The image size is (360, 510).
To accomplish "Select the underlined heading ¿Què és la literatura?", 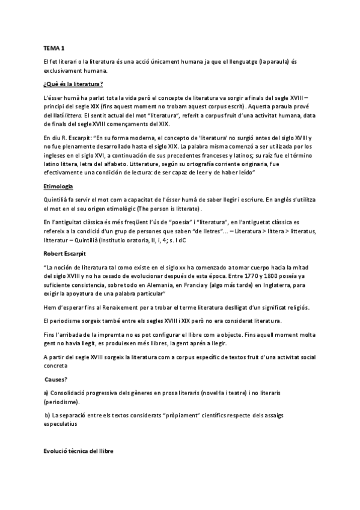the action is click(73, 83).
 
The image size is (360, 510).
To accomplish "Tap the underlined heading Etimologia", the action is click(59, 186).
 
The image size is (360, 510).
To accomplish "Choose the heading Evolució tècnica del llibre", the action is click(78, 450).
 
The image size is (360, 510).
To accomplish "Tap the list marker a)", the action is click(47, 392).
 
